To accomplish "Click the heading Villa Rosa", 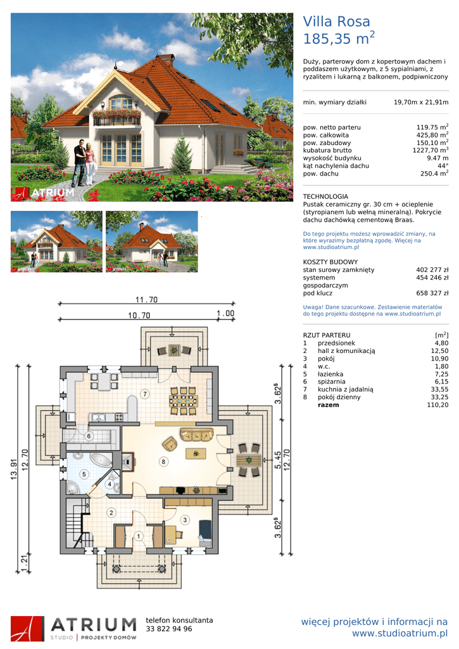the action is pos(336,22).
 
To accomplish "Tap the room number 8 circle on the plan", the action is pos(164,461).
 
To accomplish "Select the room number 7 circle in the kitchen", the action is pos(145,394).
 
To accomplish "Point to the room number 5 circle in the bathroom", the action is pos(84,474).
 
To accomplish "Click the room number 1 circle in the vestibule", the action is pos(139,536).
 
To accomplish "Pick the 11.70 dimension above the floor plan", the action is pos(146,300).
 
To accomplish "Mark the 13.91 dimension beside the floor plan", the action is pos(14,470).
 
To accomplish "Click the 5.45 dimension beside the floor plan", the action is pos(279,460).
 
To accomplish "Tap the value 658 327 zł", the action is pos(432,293).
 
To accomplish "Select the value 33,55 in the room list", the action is pos(439,390).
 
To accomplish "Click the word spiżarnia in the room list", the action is pos(332,382).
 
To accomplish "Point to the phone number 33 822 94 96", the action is pos(169,629).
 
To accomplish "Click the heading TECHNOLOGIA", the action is pos(325,196).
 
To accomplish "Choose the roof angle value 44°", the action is pos(443,166).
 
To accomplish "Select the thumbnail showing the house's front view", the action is pos(56,241).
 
